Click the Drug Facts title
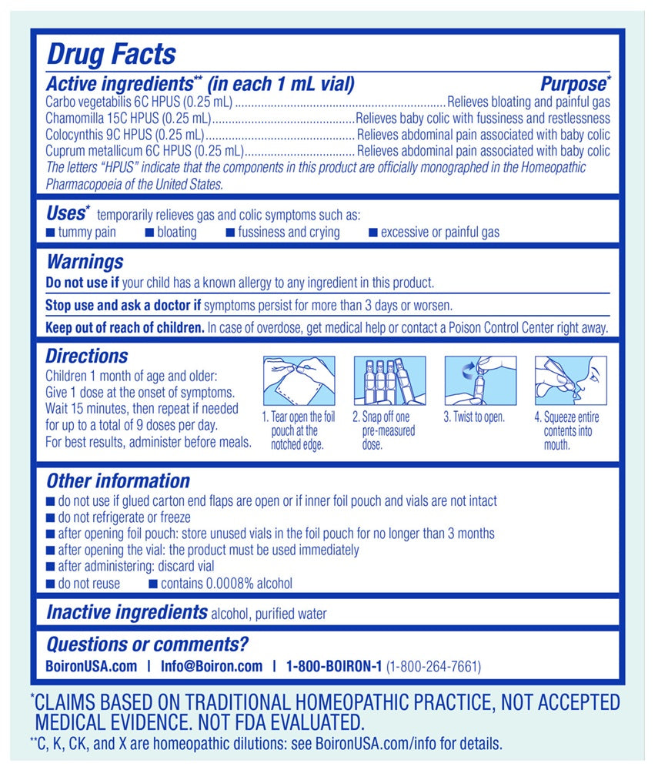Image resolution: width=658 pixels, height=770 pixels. [111, 54]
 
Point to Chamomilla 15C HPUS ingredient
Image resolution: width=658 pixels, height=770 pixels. [128, 119]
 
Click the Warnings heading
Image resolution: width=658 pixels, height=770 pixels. [84, 263]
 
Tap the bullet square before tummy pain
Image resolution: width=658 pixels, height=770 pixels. [50, 232]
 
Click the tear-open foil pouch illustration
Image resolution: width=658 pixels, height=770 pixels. [299, 381]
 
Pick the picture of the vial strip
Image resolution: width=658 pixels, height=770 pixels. [389, 381]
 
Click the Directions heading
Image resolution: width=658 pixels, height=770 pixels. [86, 357]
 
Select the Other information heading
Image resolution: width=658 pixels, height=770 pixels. [118, 481]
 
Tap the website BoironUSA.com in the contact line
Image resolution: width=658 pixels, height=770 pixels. [92, 666]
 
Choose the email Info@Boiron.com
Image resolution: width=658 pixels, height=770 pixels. [212, 666]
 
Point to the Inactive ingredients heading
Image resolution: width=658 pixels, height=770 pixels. [127, 613]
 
